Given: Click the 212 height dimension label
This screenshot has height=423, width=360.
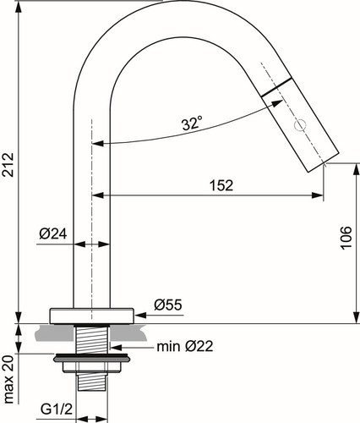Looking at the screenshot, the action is tap(8, 165).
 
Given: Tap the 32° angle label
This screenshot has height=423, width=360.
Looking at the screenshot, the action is tap(192, 124).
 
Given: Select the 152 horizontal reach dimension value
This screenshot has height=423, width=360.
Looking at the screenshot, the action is tap(221, 185).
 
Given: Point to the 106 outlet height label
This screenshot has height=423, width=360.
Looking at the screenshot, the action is tap(346, 238).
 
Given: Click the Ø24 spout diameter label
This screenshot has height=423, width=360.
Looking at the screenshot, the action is tap(53, 233).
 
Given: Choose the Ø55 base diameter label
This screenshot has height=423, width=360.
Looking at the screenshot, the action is tap(168, 305).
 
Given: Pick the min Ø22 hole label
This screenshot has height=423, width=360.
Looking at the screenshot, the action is tap(185, 346).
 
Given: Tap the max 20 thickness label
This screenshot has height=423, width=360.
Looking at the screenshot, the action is tap(8, 379).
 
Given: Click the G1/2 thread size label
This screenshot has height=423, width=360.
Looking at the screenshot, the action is tap(57, 409).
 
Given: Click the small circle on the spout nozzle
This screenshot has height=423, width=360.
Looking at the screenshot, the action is tap(300, 125).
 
